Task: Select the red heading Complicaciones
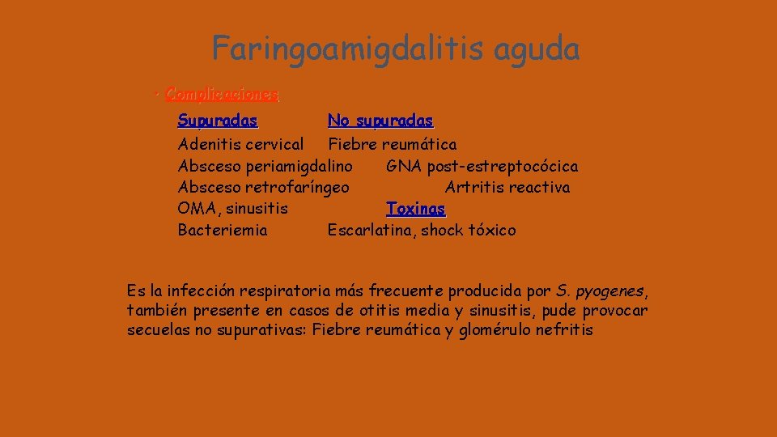pos(222,95)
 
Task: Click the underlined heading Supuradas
pos(218,121)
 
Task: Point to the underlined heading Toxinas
pos(416,209)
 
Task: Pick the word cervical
pos(272,145)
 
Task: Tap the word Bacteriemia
pos(223,231)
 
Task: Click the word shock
pos(447,231)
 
